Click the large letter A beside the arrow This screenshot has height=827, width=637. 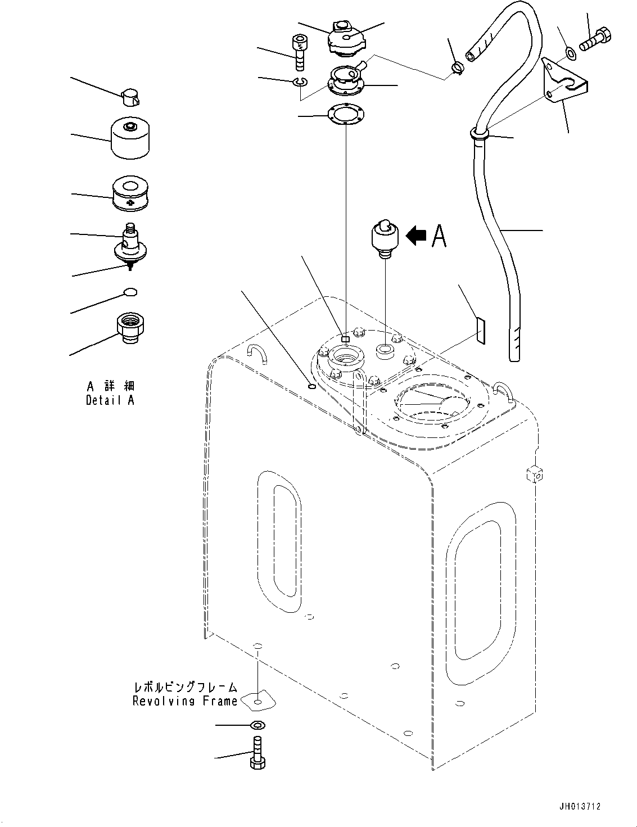click(439, 236)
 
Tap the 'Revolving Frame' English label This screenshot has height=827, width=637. click(185, 701)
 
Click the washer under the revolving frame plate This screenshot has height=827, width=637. click(257, 725)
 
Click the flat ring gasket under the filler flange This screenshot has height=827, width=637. click(345, 115)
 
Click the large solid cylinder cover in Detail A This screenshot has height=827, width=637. click(131, 138)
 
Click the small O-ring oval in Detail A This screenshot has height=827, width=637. click(130, 292)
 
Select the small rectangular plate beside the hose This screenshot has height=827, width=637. click(480, 331)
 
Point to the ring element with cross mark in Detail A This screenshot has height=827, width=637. click(130, 194)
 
